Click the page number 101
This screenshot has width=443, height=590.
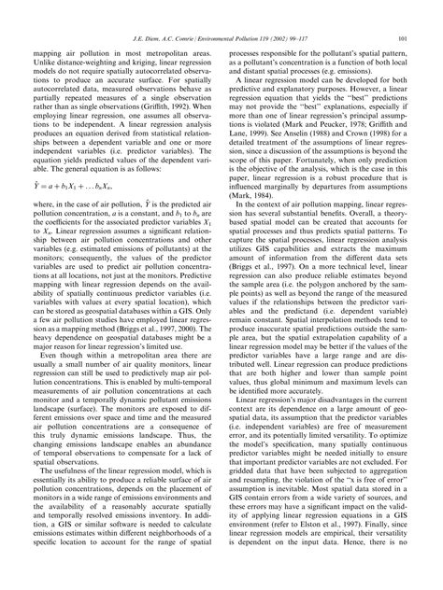coord(399,36)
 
